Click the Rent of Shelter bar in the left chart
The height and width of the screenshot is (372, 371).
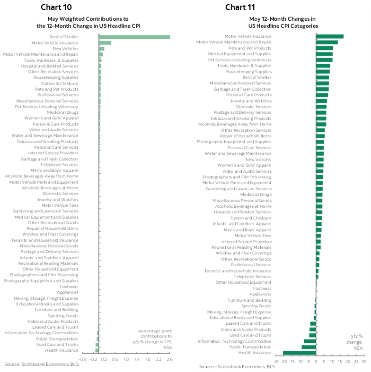pos(134,37)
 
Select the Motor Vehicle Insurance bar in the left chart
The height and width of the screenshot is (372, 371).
pos(105,43)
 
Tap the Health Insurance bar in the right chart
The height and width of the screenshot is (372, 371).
pos(300,353)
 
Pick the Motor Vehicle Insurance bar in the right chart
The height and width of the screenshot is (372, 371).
pos(330,36)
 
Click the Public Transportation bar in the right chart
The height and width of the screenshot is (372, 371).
pos(309,347)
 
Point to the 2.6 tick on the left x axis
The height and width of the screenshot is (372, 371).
pos(170,360)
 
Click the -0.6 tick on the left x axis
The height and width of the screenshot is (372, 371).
pos(82,360)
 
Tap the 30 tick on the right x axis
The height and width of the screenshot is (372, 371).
pos(363,362)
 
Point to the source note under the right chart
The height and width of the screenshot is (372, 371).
pos(237,367)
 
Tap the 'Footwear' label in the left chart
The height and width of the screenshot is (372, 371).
pos(69,287)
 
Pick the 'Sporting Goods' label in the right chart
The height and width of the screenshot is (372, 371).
pos(259,306)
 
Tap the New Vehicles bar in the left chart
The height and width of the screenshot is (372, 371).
pos(101,49)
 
